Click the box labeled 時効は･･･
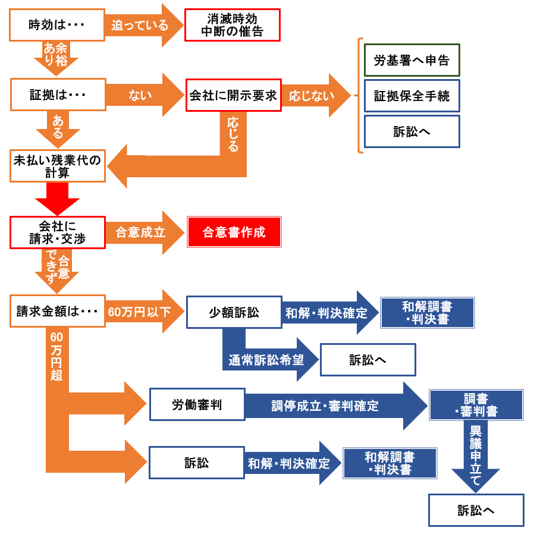coord(57,25)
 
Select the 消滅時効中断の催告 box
coord(232,25)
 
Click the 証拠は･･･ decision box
coord(58,95)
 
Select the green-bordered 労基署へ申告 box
coord(412,60)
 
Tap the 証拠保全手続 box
coord(412,96)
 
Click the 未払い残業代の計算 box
coord(58,165)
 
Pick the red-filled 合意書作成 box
coord(234,232)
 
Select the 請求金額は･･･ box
coord(57,310)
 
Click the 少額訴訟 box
coord(234,312)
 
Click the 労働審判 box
coord(197,405)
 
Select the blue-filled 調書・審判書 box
coord(476,405)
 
